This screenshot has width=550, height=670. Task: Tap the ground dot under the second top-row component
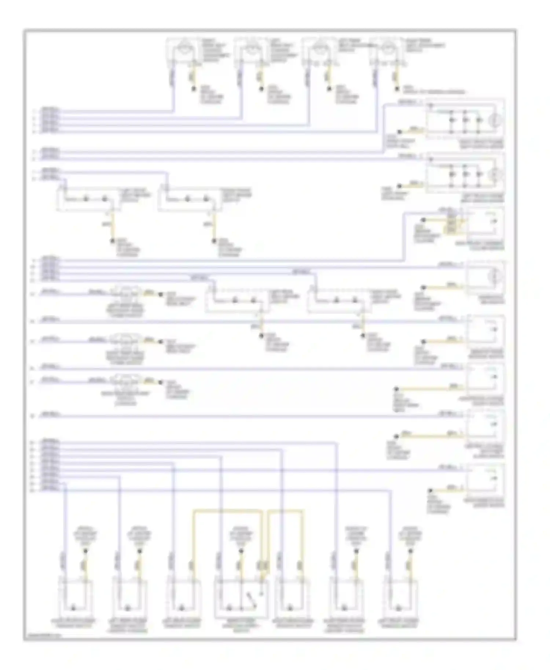[x=261, y=89]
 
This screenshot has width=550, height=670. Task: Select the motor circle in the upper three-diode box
[x=495, y=119]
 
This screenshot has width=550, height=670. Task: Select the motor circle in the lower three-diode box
[x=495, y=174]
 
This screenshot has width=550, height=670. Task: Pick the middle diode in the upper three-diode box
[x=465, y=120]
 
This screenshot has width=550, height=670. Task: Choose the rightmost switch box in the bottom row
[x=400, y=600]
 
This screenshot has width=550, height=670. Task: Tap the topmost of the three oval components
[x=126, y=292]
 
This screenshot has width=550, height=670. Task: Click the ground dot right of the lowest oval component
[x=160, y=382]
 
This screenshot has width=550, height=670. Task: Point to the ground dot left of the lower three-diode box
[x=400, y=186]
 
